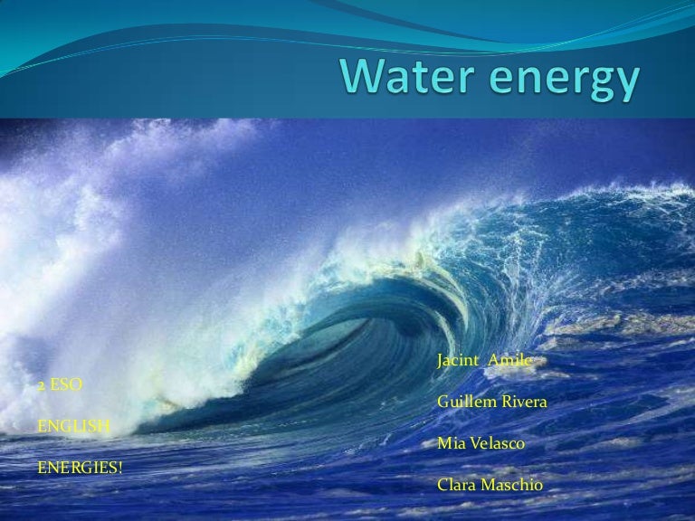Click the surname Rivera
point(523,402)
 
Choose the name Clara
point(455,485)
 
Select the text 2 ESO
point(60,384)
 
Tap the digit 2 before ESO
point(42,384)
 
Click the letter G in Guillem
point(443,402)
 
